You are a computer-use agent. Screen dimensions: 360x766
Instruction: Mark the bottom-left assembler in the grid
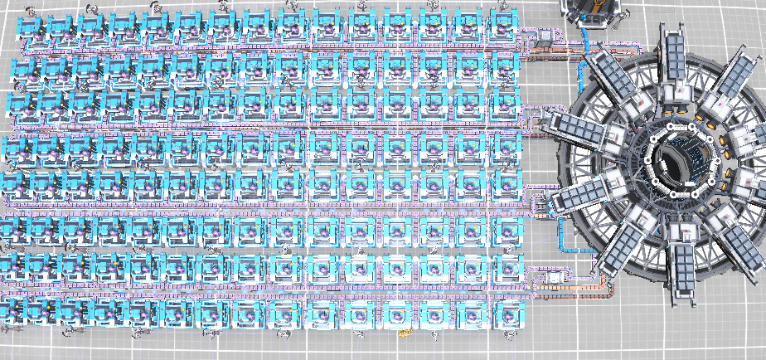(17, 314)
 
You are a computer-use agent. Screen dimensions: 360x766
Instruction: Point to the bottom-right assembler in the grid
(505, 314)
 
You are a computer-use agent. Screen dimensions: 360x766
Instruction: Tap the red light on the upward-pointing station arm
(678, 86)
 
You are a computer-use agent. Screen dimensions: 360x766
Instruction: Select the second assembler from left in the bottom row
(52, 314)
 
